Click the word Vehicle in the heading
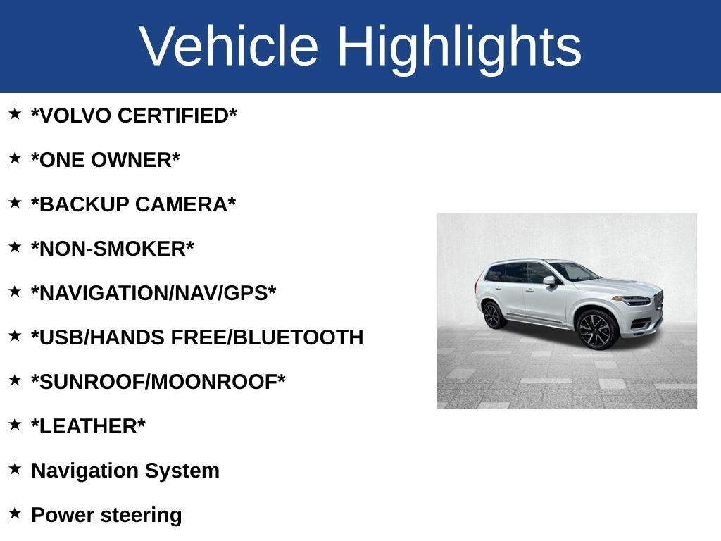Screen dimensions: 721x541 (228, 46)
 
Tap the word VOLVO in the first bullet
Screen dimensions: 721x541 (75, 116)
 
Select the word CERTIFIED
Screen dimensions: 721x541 (173, 116)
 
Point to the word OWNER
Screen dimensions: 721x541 (132, 160)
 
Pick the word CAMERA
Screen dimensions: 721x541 (182, 204)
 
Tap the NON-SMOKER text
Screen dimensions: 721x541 (113, 249)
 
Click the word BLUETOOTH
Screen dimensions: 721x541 (299, 337)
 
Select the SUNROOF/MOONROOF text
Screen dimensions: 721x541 (158, 382)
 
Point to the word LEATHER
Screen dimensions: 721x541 (88, 426)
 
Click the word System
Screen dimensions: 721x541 (182, 471)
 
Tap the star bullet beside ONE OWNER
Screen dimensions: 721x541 (15, 158)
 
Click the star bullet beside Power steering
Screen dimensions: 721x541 (15, 513)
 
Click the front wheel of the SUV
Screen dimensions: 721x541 (596, 330)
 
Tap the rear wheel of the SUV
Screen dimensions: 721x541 (492, 315)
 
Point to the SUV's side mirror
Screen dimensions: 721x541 (549, 280)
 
